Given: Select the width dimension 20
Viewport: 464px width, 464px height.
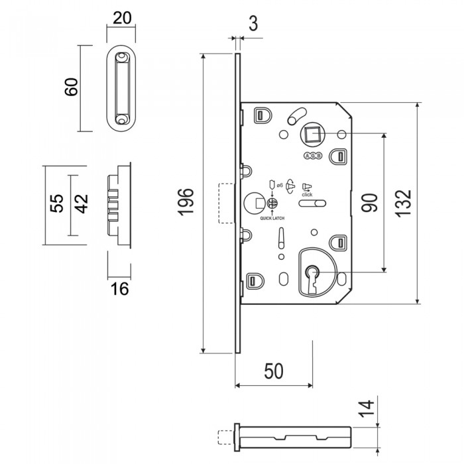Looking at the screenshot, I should click(x=121, y=18).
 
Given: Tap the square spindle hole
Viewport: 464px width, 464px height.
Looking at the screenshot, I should click(x=312, y=135).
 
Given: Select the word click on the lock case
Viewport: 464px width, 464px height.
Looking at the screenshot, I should click(x=307, y=195).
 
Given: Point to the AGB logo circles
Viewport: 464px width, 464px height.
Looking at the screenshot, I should click(x=312, y=156).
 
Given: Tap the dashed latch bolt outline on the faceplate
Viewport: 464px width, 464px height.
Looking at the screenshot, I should click(x=223, y=203).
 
